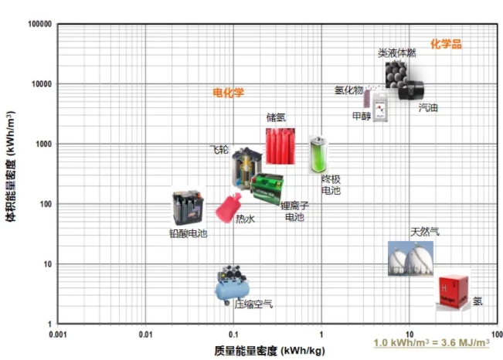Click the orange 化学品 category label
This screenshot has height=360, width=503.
tap(446, 44)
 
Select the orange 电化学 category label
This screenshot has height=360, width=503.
tap(229, 93)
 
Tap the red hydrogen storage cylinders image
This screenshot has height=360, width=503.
tap(280, 146)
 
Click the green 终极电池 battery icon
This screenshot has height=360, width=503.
tap(318, 155)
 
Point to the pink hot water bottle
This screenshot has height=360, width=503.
tap(228, 208)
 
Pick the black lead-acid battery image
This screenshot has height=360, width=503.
tap(189, 207)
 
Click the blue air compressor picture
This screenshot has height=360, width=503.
tap(232, 285)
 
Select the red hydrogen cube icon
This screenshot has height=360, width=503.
tap(453, 290)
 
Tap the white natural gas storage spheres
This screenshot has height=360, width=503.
tap(410, 259)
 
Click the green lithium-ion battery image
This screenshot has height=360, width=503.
tap(267, 188)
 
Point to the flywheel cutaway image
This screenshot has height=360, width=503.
tap(246, 168)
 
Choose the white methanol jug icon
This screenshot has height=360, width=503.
tap(380, 107)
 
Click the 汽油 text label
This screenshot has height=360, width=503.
tap(428, 108)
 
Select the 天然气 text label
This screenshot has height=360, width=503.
tap(425, 232)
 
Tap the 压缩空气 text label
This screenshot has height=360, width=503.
tap(253, 304)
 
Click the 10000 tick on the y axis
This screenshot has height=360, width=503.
tap(42, 84)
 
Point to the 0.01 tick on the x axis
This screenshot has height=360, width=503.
tap(145, 335)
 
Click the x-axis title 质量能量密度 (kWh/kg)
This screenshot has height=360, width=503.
tap(270, 351)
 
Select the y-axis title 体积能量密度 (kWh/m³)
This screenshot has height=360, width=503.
tap(11, 167)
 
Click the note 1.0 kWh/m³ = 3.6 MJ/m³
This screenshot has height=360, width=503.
tap(431, 343)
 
